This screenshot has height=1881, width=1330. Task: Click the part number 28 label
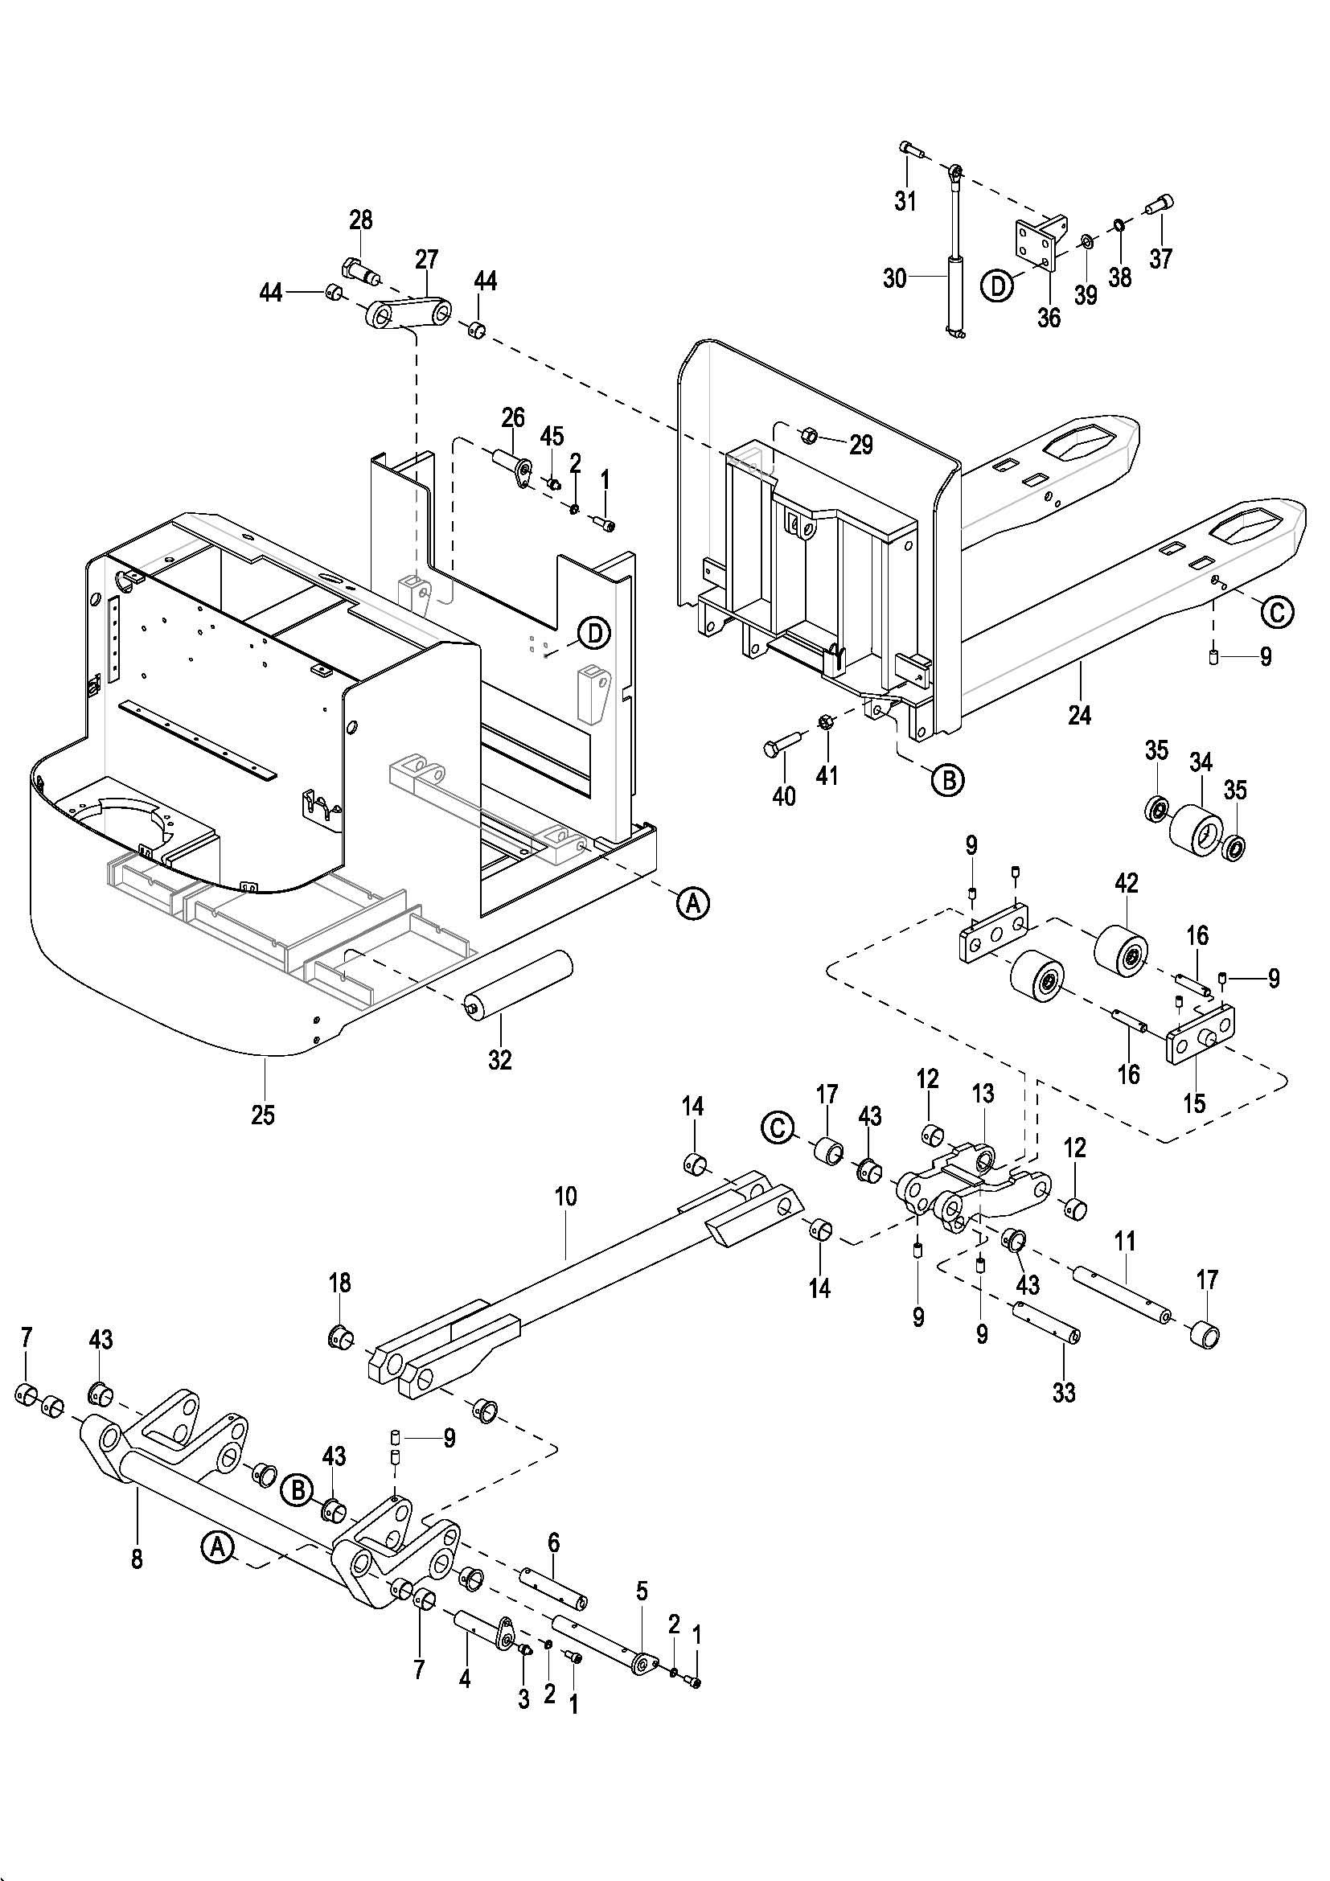(x=360, y=220)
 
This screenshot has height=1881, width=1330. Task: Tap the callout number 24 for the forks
(x=1079, y=715)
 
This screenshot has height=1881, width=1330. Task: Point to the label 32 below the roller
(x=499, y=1059)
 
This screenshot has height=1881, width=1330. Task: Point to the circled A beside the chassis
(x=693, y=903)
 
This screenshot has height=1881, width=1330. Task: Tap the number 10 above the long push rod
(x=565, y=1197)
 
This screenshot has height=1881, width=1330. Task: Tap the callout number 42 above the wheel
(x=1126, y=883)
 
